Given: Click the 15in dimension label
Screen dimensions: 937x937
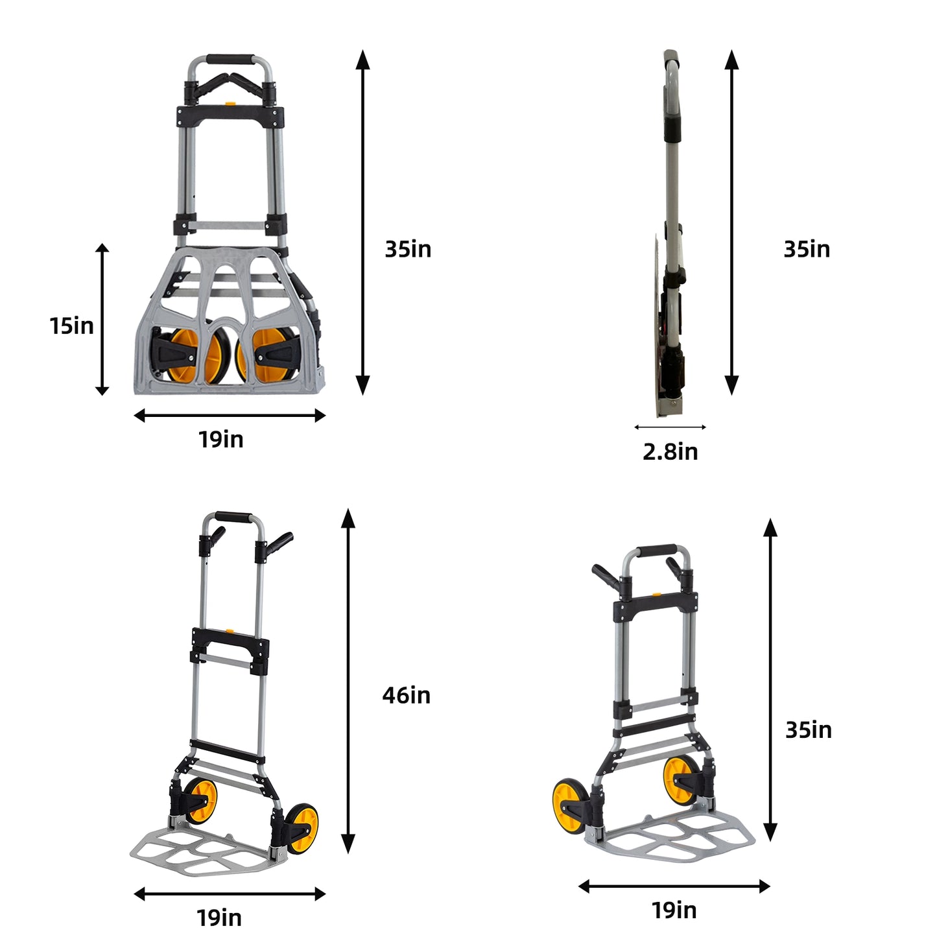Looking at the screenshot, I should [72, 326].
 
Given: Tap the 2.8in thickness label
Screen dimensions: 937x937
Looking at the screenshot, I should [670, 451].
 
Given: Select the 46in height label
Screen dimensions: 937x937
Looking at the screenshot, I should [406, 695].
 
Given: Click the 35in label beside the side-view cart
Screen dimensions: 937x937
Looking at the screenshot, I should [806, 249].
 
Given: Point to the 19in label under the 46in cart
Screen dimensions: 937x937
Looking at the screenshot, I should [219, 918].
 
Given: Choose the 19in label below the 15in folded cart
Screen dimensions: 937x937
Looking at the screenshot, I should [220, 439].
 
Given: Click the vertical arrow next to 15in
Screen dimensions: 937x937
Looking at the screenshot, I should [102, 319].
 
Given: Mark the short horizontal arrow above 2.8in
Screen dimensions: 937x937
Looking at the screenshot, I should [670, 427].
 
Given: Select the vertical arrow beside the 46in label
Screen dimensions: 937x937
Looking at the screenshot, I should [348, 681].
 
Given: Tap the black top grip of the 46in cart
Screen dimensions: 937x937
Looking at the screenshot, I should [233, 517].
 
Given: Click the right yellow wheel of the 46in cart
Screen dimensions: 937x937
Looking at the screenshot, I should [303, 828].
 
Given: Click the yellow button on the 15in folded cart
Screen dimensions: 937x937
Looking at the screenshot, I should [230, 102].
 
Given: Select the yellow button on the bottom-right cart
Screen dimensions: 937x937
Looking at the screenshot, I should [656, 594].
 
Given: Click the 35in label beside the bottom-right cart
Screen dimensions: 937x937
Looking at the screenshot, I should [808, 730].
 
